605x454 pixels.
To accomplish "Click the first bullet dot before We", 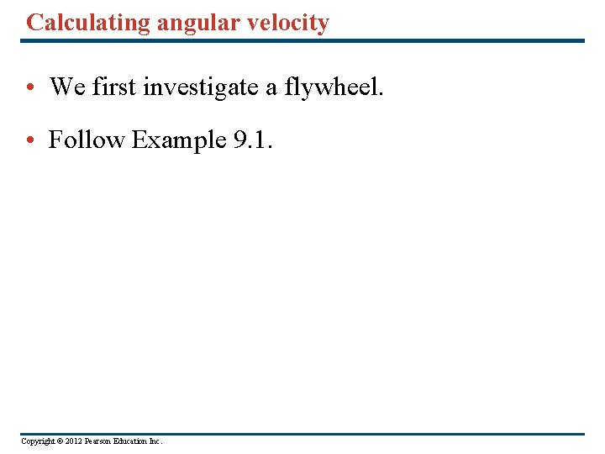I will point(29,87).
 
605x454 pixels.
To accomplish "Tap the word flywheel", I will point(334,87).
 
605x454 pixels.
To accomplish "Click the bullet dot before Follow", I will point(29,141).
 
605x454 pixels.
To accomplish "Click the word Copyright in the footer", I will point(38,441).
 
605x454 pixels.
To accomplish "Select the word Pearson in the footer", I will point(100,441).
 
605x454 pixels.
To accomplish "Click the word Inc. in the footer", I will point(157,441).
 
